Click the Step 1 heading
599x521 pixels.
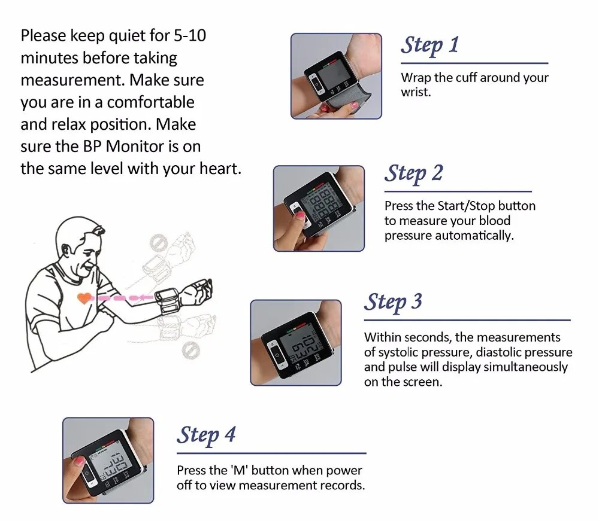[x=429, y=45]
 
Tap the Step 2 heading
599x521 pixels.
[x=413, y=173]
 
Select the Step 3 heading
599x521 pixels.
[x=393, y=301]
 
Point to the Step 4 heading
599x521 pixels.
[x=206, y=435]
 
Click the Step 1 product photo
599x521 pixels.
[x=336, y=76]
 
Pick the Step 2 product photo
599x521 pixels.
[x=319, y=208]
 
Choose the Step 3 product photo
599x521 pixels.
[x=295, y=342]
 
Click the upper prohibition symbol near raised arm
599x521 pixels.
[x=158, y=243]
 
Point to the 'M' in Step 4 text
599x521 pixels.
[x=235, y=471]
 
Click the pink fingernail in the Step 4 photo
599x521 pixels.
[x=78, y=461]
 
